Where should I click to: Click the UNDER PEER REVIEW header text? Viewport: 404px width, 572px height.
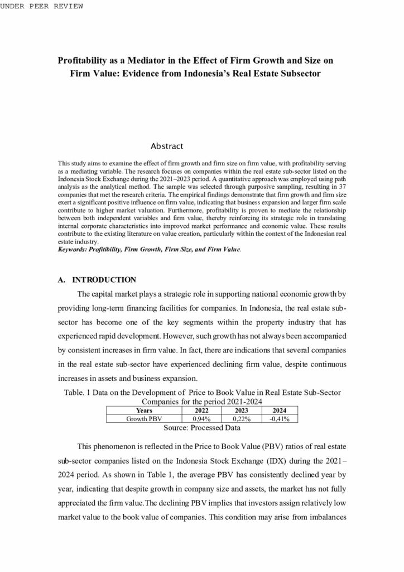point(42,6)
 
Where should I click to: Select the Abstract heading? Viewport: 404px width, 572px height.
point(167,146)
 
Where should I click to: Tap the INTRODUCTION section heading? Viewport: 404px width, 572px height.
point(104,279)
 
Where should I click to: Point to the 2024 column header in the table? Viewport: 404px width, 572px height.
point(278,410)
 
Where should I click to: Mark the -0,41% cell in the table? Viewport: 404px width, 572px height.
point(278,418)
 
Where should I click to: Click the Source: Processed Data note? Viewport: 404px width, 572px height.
point(202,428)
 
